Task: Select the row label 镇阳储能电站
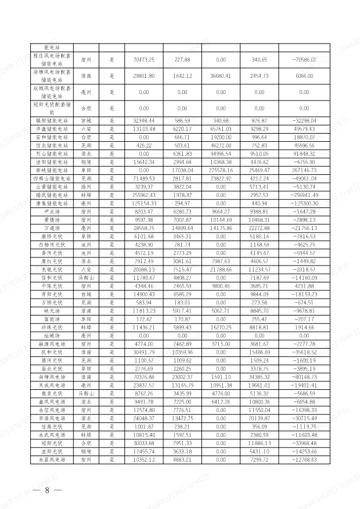pyautogui.click(x=52, y=121)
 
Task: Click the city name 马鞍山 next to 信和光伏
pyautogui.click(x=86, y=278)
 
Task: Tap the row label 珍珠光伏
pyautogui.click(x=52, y=328)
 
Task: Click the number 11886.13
pyautogui.click(x=260, y=443)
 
